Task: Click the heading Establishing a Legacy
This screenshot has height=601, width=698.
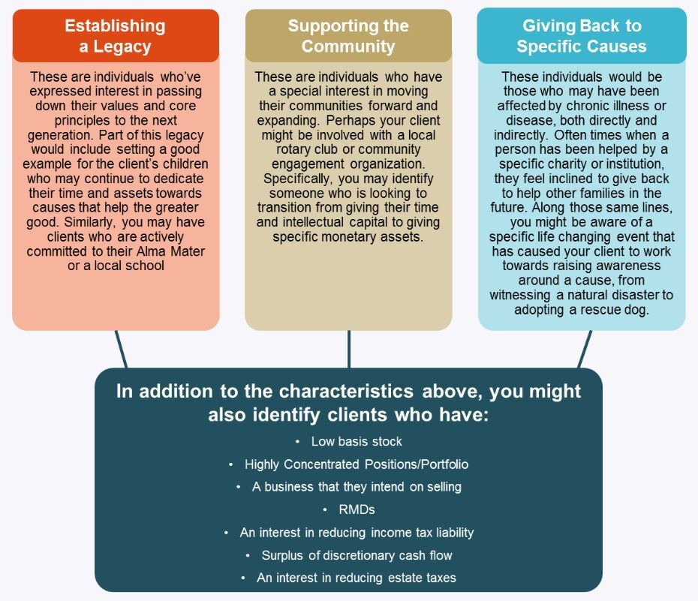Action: [116, 36]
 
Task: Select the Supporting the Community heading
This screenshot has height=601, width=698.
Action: [348, 36]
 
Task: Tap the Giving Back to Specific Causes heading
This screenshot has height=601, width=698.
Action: [582, 36]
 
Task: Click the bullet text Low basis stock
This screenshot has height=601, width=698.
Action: [357, 441]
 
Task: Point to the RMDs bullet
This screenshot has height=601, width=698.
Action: [357, 509]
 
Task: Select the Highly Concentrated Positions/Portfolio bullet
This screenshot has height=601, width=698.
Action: [357, 464]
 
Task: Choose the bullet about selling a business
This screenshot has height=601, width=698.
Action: [357, 487]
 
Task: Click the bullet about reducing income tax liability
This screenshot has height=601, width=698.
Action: [357, 533]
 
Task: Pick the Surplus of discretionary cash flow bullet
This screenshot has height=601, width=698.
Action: [357, 555]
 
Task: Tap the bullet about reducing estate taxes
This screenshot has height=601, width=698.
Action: [357, 578]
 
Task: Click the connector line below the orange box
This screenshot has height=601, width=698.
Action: [121, 349]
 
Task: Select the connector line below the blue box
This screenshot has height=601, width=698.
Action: [585, 349]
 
